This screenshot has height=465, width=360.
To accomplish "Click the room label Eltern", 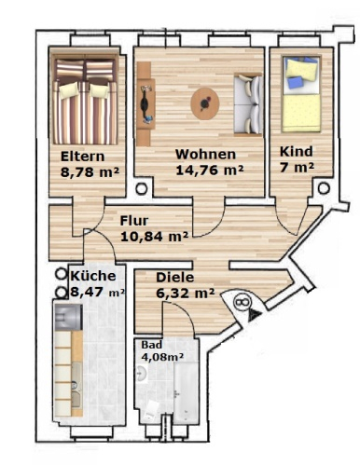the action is click(x=82, y=157).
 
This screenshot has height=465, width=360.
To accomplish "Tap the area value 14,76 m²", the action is click(x=210, y=170).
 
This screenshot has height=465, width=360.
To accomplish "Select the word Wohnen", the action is click(x=205, y=154).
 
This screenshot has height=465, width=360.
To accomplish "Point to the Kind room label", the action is click(x=297, y=152).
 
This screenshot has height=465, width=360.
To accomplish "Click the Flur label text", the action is click(x=134, y=221).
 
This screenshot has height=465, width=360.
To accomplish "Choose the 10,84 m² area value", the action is click(x=154, y=237).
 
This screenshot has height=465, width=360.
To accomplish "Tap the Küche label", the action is click(x=93, y=276).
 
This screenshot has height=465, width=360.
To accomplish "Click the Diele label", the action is click(x=175, y=278).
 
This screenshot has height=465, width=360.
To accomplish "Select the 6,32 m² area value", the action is click(x=186, y=293).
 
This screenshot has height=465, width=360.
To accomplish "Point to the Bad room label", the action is click(x=152, y=345).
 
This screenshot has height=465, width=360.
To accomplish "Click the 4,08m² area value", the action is click(x=162, y=357).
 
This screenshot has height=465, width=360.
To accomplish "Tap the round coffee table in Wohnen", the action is click(x=205, y=103).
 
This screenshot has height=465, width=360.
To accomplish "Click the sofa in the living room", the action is click(x=248, y=104).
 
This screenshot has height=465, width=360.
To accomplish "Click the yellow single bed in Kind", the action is click(x=301, y=94).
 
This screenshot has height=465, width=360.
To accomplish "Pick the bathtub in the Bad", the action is click(x=186, y=392).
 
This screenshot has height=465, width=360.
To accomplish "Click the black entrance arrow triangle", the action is click(x=254, y=315).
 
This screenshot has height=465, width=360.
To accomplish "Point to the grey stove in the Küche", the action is click(x=69, y=317).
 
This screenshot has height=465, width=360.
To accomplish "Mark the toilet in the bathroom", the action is click(x=152, y=409).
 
